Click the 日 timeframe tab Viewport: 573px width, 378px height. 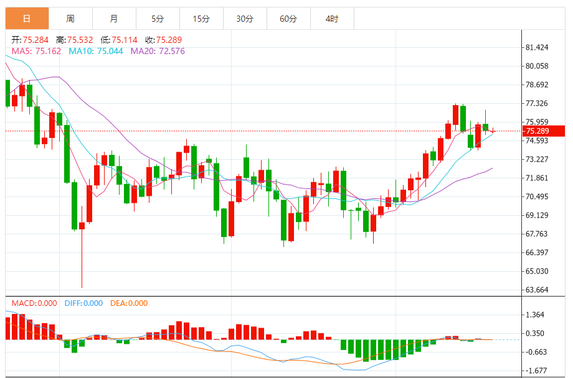[x=27, y=19]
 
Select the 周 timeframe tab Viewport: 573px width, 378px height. [x=70, y=19]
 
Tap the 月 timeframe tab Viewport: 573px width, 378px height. [x=114, y=19]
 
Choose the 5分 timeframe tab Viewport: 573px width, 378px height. [x=158, y=19]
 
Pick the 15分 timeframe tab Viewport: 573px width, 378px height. [x=201, y=19]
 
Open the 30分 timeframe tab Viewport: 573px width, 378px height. [x=245, y=19]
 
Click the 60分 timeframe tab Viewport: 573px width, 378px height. [x=288, y=19]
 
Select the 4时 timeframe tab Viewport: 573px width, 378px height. [x=332, y=19]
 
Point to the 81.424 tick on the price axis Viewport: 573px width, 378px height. [x=537, y=48]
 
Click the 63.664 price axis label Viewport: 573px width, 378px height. [x=537, y=290]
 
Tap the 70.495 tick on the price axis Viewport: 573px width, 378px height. [x=537, y=197]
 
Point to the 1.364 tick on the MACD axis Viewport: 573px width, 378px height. [x=536, y=315]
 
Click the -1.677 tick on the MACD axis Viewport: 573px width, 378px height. [x=536, y=371]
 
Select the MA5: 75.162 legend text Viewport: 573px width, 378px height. [x=36, y=51]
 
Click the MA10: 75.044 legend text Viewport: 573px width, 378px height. [x=95, y=51]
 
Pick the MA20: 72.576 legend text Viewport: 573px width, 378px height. [x=157, y=51]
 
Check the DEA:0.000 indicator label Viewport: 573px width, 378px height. [x=129, y=303]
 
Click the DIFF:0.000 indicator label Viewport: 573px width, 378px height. [x=83, y=303]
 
